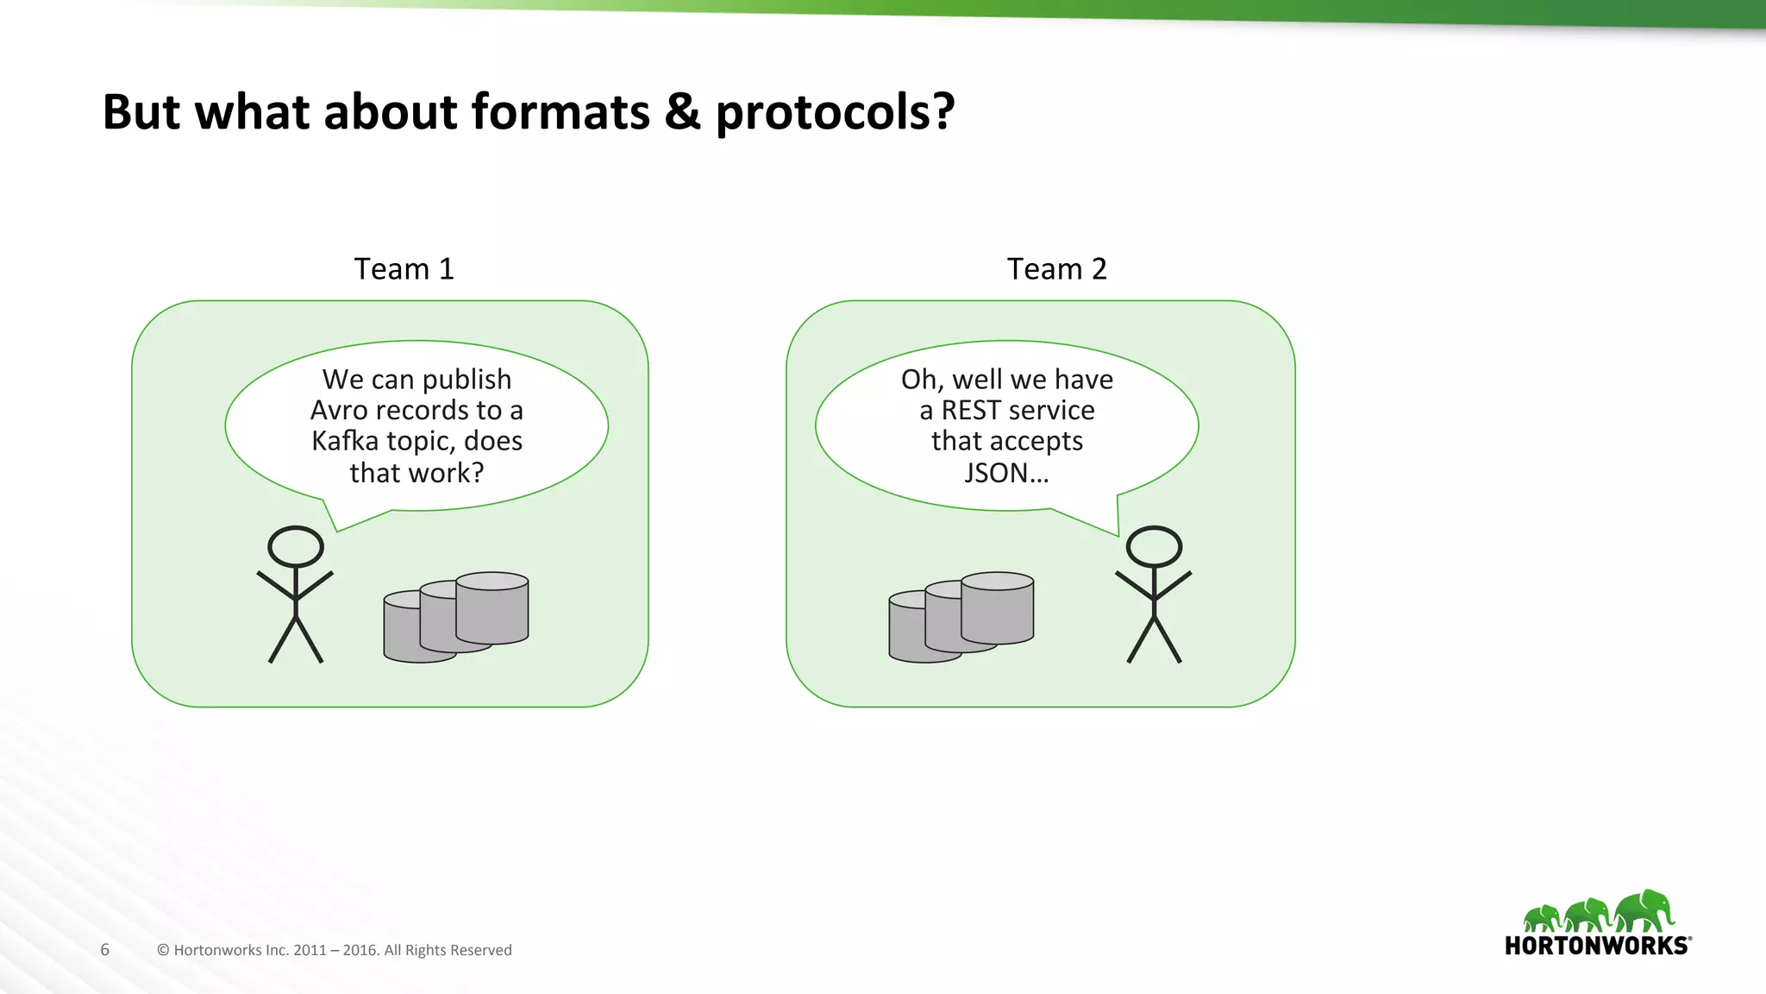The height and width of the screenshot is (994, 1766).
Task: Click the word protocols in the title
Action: pyautogui.click(x=834, y=113)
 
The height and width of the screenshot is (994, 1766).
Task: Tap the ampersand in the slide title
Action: pyautogui.click(x=682, y=113)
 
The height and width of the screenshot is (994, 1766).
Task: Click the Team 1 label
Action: pyautogui.click(x=404, y=269)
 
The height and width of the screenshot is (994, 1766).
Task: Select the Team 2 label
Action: pyautogui.click(x=1056, y=269)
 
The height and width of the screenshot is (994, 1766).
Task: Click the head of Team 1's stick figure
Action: pyautogui.click(x=296, y=546)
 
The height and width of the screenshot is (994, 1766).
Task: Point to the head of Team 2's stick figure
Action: pyautogui.click(x=1154, y=546)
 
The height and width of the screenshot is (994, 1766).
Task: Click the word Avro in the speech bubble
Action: pyautogui.click(x=340, y=411)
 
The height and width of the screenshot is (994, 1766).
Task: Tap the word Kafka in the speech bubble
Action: pyautogui.click(x=345, y=442)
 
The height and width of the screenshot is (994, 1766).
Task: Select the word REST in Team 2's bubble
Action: pyautogui.click(x=971, y=411)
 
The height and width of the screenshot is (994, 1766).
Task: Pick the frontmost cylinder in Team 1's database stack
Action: pyautogui.click(x=418, y=630)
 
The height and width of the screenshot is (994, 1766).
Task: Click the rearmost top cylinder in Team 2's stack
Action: pyautogui.click(x=998, y=607)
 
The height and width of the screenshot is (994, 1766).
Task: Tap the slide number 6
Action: pyautogui.click(x=105, y=950)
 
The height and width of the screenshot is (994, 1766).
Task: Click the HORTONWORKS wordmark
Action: pyautogui.click(x=1596, y=946)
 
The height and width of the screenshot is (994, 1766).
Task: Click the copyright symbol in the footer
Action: pyautogui.click(x=163, y=950)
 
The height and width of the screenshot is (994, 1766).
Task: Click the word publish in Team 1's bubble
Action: pyautogui.click(x=467, y=380)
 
